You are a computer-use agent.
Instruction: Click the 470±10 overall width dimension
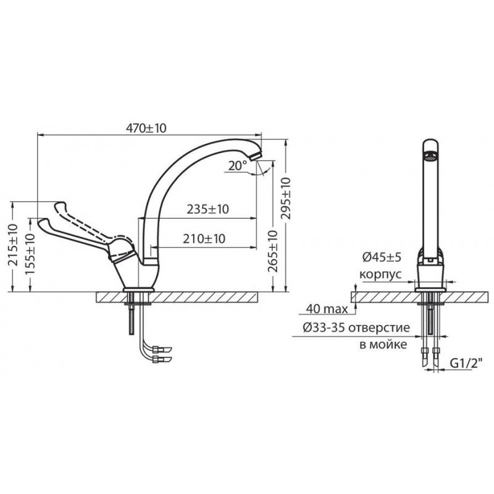[146, 128]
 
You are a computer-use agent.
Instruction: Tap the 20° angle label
[238, 165]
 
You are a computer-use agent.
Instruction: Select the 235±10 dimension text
[208, 209]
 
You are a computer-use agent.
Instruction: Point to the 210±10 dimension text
[204, 238]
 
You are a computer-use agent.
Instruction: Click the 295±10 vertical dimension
[286, 198]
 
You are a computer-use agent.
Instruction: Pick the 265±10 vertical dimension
[273, 251]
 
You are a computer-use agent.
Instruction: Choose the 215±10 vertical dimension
[13, 245]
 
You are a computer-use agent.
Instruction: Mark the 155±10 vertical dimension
[30, 254]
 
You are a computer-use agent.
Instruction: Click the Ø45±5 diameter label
[382, 257]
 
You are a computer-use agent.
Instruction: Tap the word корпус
[380, 274]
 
